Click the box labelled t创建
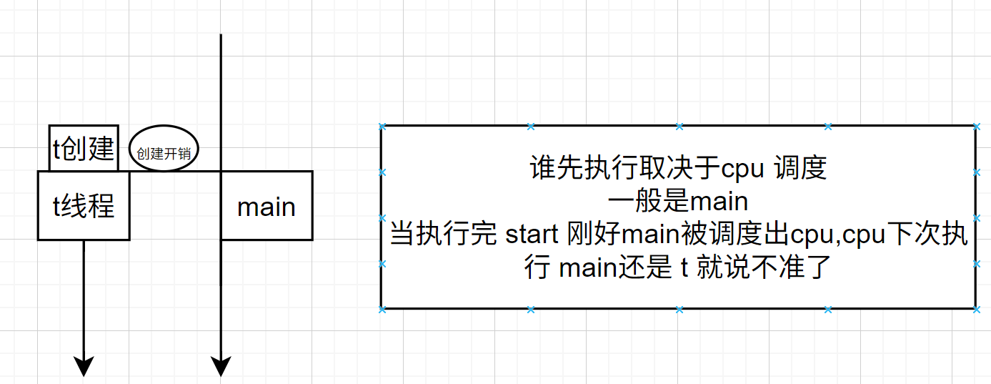(84, 149)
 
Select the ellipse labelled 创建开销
(164, 149)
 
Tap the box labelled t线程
(84, 206)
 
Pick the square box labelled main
(267, 206)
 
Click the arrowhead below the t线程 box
(84, 366)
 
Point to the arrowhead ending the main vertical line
(221, 366)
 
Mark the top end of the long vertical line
(221, 35)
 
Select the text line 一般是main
(679, 202)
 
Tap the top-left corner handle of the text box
(382, 127)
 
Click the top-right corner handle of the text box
(976, 127)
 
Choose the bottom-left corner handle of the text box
(382, 309)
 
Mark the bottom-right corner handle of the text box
(976, 309)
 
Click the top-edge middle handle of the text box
(679, 127)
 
